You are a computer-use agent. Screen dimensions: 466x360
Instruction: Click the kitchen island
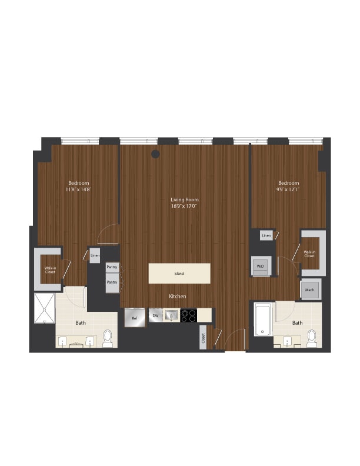[x=179, y=274]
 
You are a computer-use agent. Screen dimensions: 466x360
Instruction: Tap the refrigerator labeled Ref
[x=135, y=318]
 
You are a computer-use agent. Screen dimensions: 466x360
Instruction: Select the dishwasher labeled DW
[x=155, y=316]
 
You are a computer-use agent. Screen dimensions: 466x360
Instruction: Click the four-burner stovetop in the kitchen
[x=188, y=316]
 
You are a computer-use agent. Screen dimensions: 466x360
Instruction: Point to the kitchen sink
[x=171, y=316]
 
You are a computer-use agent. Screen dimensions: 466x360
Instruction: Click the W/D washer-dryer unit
[x=260, y=266]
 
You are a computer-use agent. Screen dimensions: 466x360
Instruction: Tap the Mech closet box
[x=310, y=289]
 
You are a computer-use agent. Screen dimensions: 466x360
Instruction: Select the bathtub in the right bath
[x=263, y=319]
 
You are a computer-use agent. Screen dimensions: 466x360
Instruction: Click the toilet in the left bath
[x=108, y=338]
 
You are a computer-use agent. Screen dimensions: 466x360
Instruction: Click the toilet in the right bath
[x=311, y=338]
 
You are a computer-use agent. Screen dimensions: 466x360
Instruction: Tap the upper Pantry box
[x=112, y=267]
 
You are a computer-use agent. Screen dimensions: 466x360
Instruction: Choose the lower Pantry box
[x=112, y=282]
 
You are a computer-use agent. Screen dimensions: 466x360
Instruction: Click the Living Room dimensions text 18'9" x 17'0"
[x=184, y=207]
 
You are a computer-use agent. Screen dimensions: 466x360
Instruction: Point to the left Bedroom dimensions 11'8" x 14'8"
[x=78, y=189]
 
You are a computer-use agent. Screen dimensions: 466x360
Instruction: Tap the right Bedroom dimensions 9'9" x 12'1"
[x=288, y=189]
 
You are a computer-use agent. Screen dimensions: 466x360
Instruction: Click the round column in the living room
[x=155, y=154]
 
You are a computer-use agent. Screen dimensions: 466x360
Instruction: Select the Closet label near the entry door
[x=204, y=338]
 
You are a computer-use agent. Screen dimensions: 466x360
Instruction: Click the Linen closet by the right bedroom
[x=266, y=235]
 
